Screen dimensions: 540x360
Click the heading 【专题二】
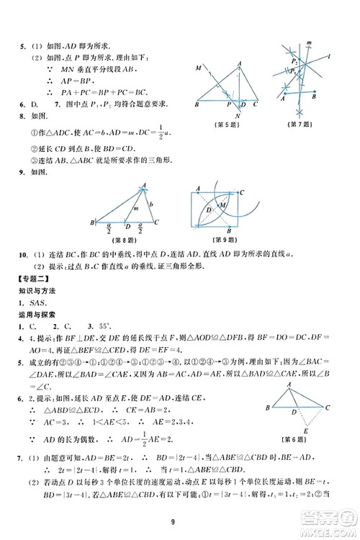pos(33,277)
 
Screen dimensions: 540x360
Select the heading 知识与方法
pos(39,290)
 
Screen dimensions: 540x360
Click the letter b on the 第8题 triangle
pos(151,204)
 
